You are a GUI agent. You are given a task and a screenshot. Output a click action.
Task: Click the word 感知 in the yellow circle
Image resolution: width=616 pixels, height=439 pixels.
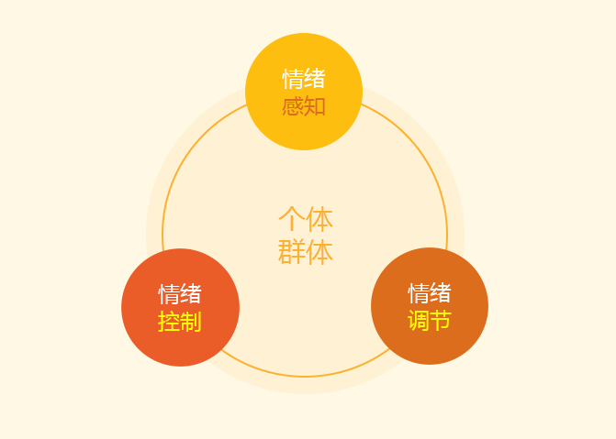click(x=304, y=106)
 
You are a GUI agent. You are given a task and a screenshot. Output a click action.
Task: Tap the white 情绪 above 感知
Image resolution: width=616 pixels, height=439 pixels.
click(x=304, y=79)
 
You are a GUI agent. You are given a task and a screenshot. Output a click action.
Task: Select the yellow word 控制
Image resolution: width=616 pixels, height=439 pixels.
click(x=180, y=322)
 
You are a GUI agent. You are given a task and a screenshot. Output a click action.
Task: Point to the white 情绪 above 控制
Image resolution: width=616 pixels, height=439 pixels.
click(x=180, y=294)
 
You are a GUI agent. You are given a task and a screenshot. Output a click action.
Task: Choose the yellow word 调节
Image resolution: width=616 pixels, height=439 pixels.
click(x=430, y=321)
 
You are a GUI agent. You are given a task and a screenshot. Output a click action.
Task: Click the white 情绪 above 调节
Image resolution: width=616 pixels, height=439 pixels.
click(x=430, y=292)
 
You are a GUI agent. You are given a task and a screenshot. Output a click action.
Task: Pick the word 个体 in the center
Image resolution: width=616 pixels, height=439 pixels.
click(x=306, y=218)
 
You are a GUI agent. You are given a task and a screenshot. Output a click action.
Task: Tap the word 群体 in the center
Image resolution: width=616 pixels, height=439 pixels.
click(x=306, y=251)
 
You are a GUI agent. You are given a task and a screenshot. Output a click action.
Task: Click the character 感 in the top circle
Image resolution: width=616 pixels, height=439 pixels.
click(x=293, y=106)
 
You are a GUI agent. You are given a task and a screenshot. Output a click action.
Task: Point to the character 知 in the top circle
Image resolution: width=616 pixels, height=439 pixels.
click(x=315, y=106)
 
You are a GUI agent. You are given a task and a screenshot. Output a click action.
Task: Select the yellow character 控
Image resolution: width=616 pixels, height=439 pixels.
click(x=169, y=322)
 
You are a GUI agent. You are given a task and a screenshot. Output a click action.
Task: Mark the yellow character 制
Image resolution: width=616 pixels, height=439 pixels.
click(x=191, y=322)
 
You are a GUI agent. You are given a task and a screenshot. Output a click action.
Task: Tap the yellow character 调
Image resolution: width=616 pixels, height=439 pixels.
click(x=419, y=321)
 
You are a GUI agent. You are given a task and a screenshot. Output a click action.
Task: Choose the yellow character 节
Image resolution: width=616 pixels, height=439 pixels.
click(x=441, y=321)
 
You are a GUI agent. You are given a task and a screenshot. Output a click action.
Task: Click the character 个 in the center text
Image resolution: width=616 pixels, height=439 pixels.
click(x=292, y=218)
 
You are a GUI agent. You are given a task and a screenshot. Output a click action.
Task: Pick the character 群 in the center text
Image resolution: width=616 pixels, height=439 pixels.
click(x=292, y=251)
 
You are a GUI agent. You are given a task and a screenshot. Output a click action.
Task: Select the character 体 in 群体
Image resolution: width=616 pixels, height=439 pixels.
click(x=319, y=251)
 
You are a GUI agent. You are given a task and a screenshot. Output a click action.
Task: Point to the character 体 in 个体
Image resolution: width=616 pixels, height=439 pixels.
click(x=319, y=218)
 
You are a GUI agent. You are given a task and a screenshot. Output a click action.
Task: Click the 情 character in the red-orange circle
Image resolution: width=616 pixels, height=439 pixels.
click(x=169, y=294)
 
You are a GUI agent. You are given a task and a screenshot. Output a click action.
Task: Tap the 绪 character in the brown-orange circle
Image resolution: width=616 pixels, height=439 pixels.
click(x=441, y=292)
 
